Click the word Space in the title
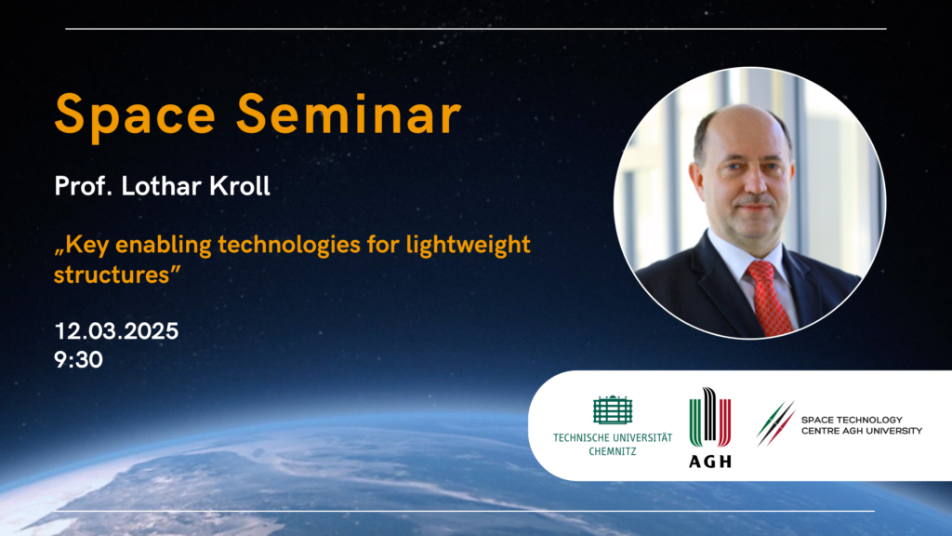pyautogui.click(x=135, y=116)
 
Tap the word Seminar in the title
pyautogui.click(x=350, y=114)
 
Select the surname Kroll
pyautogui.click(x=239, y=186)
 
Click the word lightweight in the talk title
pyautogui.click(x=469, y=246)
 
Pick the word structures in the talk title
pyautogui.click(x=112, y=275)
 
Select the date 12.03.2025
pyautogui.click(x=116, y=331)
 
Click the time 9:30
pyautogui.click(x=78, y=360)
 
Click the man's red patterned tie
pyautogui.click(x=769, y=298)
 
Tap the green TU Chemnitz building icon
pyautogui.click(x=613, y=410)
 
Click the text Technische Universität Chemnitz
pyautogui.click(x=613, y=444)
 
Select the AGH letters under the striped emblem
pyautogui.click(x=709, y=462)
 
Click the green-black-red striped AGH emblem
pyautogui.click(x=709, y=418)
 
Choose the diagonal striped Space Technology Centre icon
pyautogui.click(x=775, y=423)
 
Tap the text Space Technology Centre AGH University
pyautogui.click(x=862, y=425)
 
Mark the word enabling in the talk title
pyautogui.click(x=163, y=246)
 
